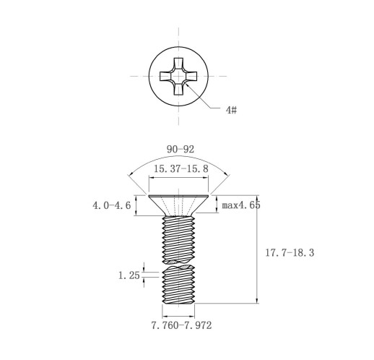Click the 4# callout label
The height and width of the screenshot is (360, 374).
[231, 110]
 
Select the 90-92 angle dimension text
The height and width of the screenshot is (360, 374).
[181, 150]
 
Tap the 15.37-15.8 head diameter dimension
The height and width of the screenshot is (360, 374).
[181, 168]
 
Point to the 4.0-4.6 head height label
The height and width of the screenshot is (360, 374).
[112, 205]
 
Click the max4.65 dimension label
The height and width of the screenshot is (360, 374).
[241, 205]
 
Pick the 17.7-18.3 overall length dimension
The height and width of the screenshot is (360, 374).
[290, 253]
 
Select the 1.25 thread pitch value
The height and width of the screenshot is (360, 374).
[129, 275]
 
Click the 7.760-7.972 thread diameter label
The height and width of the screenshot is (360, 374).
[181, 325]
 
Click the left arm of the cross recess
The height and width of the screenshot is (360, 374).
[165, 76]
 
